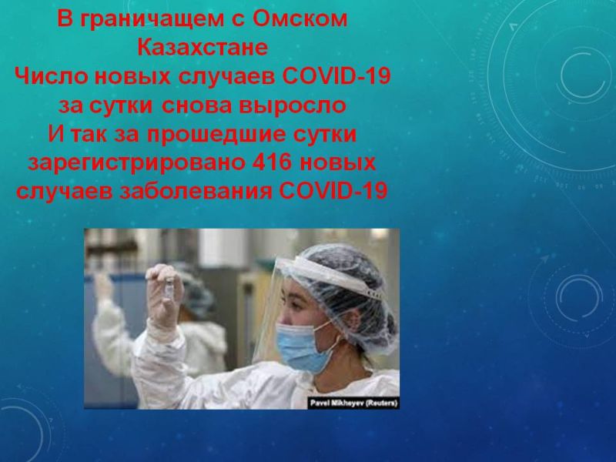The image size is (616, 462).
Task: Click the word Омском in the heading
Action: [300, 18]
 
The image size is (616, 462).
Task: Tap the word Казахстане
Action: [203, 47]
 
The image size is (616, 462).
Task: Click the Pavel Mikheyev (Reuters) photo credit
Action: [353, 403]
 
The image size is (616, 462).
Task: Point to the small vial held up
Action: [169, 288]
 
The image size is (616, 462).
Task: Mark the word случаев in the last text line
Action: [64, 192]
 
